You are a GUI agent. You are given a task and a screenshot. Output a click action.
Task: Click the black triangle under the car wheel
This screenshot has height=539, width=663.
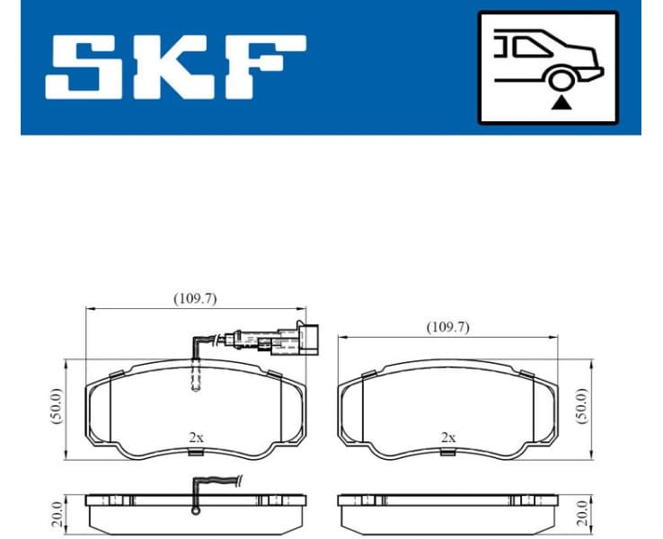pyautogui.click(x=561, y=103)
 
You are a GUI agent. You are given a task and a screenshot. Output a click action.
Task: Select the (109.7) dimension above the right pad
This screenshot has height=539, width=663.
pyautogui.click(x=447, y=328)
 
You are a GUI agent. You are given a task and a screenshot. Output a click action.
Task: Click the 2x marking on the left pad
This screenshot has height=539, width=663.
pyautogui.click(x=196, y=437)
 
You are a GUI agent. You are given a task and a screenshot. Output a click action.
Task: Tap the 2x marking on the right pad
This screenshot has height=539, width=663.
pyautogui.click(x=447, y=437)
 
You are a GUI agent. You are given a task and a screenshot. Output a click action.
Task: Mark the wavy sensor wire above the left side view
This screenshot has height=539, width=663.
pyautogui.click(x=211, y=481)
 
